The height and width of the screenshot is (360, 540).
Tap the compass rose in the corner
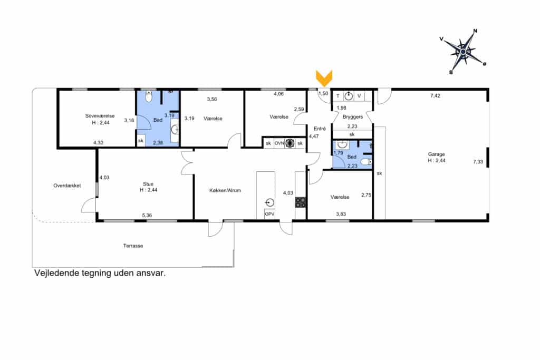click(463, 52)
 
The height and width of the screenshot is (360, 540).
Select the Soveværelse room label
click(100, 116)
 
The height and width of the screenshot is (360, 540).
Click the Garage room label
click(436, 154)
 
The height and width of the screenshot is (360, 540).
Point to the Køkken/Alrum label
click(225, 190)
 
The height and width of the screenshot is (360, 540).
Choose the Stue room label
click(148, 184)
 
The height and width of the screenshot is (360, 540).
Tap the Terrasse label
click(133, 246)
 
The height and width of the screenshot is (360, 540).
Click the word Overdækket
click(67, 186)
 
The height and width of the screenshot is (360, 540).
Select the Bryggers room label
click(353, 117)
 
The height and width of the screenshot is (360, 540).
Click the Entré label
click(320, 129)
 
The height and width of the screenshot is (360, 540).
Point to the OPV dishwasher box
click(269, 214)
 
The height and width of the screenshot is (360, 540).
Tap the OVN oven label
click(279, 143)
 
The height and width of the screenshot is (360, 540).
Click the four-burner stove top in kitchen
click(300, 202)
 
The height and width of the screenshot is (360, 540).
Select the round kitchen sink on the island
click(269, 202)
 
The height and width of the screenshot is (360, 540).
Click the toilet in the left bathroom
click(149, 97)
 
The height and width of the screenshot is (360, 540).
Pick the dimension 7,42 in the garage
click(435, 96)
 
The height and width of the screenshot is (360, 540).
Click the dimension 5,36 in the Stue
click(147, 216)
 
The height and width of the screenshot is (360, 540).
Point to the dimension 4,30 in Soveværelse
click(98, 142)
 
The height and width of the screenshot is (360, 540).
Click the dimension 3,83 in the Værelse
click(341, 214)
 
